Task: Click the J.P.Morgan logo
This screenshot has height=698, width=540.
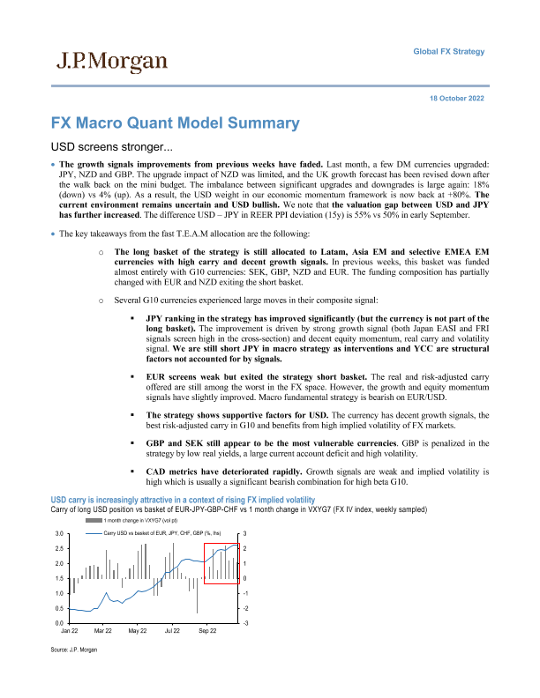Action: pos(111,61)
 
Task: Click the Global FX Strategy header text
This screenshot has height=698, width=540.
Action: pos(449,52)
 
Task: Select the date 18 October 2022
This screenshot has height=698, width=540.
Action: pos(457,98)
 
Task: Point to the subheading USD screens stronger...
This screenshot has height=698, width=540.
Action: pos(109,146)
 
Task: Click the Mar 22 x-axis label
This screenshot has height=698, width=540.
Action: pos(103,632)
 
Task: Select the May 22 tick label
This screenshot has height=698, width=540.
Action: pos(138,632)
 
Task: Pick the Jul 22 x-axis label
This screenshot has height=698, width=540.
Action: pos(172,632)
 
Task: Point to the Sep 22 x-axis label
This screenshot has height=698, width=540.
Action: pos(207,632)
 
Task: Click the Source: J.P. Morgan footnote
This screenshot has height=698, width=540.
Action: pos(75,650)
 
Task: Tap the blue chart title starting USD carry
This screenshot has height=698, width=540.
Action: pos(188,500)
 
